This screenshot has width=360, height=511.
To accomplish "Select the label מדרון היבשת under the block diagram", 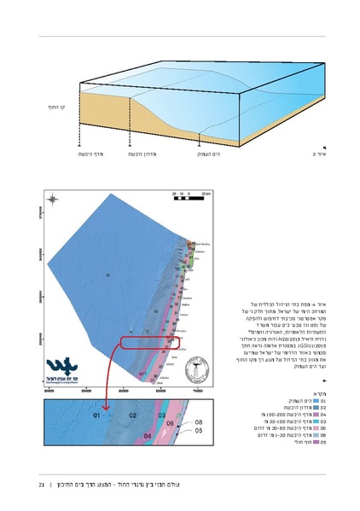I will (142, 154).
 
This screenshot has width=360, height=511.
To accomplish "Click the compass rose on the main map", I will (52, 200).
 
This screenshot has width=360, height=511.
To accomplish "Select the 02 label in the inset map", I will (132, 415).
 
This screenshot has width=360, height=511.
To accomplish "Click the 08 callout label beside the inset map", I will (198, 422).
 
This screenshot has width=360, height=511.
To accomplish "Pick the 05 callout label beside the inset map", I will (198, 432).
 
